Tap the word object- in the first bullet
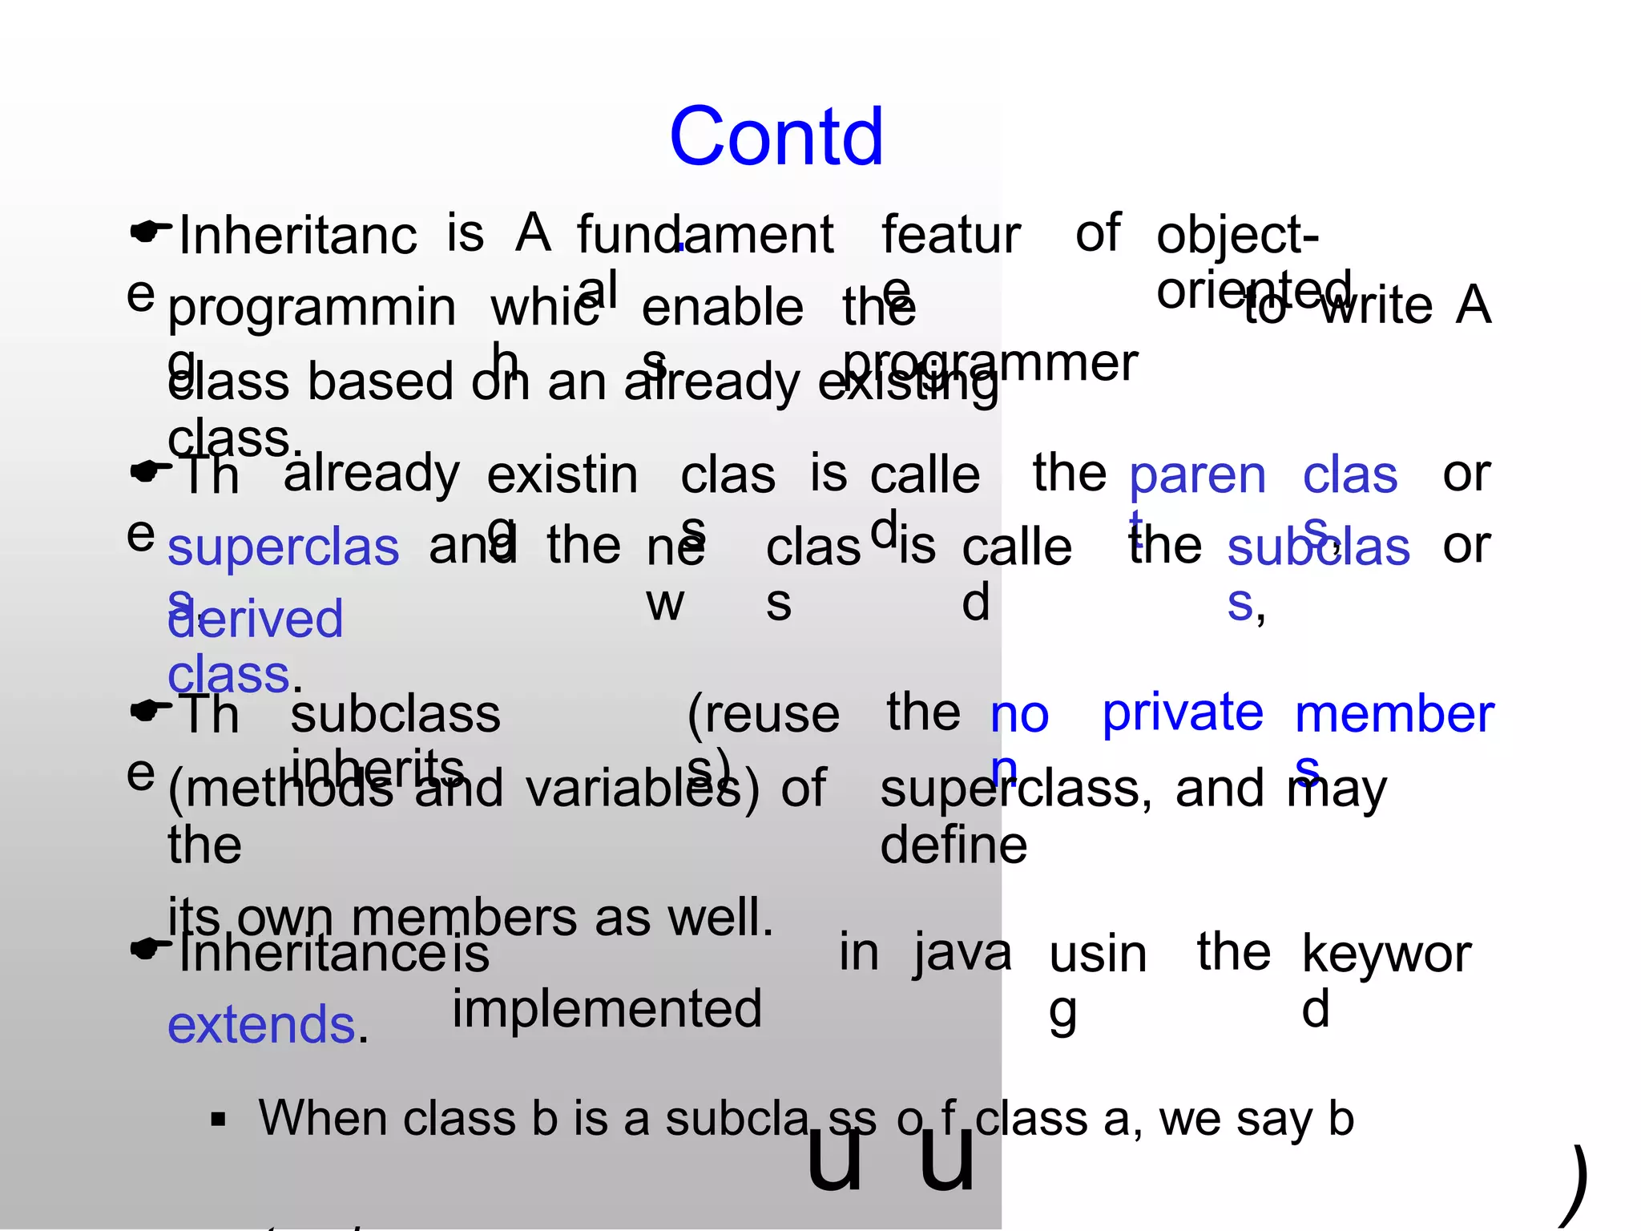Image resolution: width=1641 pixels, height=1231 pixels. [1236, 236]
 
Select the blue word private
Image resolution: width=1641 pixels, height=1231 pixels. [1182, 712]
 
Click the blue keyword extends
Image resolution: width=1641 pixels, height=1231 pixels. [262, 1025]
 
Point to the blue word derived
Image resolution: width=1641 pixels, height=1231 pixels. [256, 620]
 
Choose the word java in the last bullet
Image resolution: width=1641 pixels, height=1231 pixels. [962, 954]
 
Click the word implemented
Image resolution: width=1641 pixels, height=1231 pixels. [607, 1008]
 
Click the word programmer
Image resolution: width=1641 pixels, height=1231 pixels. [990, 362]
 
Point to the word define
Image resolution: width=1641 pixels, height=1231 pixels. [954, 845]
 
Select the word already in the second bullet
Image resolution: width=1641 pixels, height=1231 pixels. [371, 473]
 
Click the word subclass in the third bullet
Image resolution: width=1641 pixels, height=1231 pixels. [395, 713]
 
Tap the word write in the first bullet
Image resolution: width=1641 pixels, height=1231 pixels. [1376, 305]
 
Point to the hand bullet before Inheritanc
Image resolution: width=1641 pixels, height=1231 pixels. [150, 232]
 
